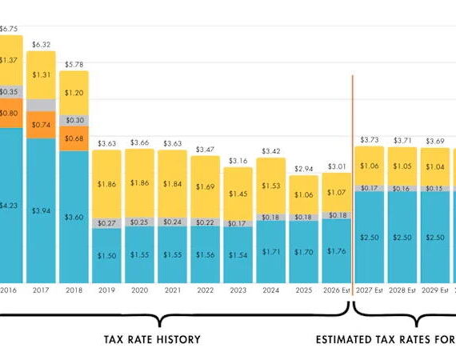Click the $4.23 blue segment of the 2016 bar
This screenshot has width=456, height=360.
pos(9,204)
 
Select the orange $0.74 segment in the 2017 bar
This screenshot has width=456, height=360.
pos(42,125)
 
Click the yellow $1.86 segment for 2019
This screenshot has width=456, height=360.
pos(106,183)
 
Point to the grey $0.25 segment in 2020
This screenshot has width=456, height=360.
pos(139,222)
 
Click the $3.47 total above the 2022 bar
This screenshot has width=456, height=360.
pos(205,149)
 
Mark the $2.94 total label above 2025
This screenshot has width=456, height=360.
pos(303,169)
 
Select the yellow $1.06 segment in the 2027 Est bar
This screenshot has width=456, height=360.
pos(370,166)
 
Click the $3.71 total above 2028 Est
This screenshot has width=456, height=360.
pos(402,139)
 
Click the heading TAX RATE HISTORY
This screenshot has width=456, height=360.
pos(152,339)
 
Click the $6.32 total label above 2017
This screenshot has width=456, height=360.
pos(42,45)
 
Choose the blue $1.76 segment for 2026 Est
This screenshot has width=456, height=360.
pos(336,251)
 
